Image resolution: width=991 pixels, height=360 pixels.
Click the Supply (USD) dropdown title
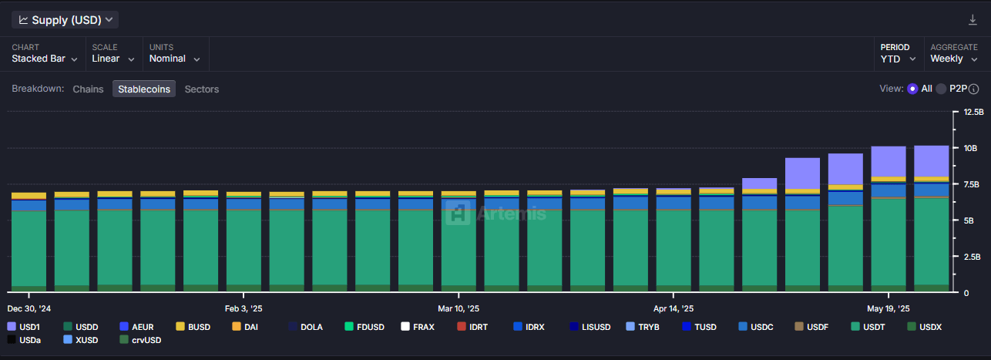pos(66,20)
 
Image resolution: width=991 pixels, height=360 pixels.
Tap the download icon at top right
pos(973,20)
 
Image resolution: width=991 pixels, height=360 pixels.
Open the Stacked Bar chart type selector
pos(45,59)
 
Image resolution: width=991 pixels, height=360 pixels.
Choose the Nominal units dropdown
pos(174,59)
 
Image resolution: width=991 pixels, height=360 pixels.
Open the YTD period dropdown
pos(898,59)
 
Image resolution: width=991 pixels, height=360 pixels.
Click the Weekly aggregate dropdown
pos(953,59)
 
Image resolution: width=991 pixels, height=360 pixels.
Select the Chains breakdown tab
pos(88,89)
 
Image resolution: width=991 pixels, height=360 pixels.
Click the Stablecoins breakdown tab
pos(144,89)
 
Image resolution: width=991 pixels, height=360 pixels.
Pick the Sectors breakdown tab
pos(202,89)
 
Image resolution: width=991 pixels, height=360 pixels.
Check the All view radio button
pos(912,89)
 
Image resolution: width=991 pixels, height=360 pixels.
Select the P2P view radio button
pos(942,89)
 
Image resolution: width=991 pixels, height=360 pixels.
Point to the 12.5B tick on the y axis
pos(973,112)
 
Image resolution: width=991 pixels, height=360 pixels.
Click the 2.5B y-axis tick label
pos(972,257)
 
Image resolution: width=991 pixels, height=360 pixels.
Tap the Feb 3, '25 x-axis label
pos(244,308)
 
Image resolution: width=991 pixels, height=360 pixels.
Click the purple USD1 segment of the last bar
pos(931,160)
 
